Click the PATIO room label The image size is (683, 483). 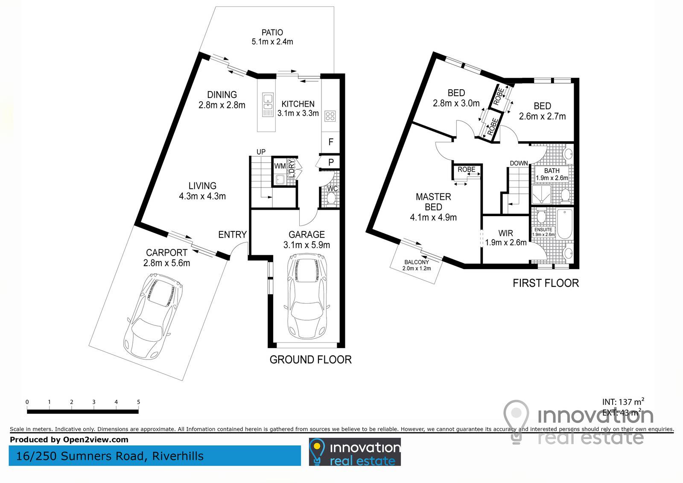272,32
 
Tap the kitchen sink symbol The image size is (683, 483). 268,105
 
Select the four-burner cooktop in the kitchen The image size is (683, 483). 330,116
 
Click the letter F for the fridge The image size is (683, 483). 331,142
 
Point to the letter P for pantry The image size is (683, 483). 331,162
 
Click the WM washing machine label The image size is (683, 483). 280,166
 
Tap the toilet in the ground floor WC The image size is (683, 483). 331,198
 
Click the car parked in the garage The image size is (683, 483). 307,296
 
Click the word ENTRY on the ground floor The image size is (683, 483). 232,234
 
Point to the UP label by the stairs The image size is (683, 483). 261,152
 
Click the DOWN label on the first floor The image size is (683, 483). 519,163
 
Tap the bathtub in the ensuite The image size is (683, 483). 565,224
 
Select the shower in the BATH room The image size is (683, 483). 542,194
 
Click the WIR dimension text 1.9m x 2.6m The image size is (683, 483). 506,243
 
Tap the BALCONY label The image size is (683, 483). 417,262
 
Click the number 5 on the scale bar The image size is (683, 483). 138,402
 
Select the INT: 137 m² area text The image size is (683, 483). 623,401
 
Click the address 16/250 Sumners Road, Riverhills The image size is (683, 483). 110,456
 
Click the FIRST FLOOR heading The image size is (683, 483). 546,283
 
